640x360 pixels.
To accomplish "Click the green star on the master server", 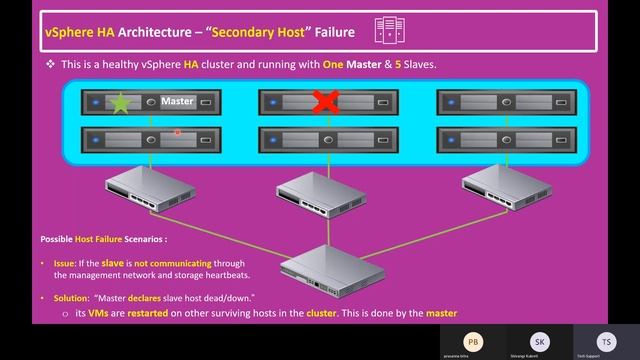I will pos(121,102).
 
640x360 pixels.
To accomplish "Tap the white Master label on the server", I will pos(177,101).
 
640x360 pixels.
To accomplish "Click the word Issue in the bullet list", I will pos(65,262).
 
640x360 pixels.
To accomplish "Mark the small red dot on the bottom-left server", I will pos(177,131).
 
